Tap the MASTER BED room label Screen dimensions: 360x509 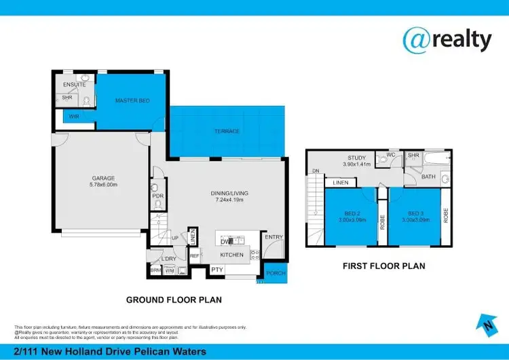pyautogui.click(x=132, y=101)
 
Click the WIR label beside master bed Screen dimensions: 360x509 pyautogui.click(x=73, y=117)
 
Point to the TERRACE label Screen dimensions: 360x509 pyautogui.click(x=227, y=131)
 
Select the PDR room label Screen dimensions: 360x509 pyautogui.click(x=157, y=196)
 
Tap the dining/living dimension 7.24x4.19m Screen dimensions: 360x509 pyautogui.click(x=230, y=200)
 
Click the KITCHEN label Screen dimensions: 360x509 pyautogui.click(x=231, y=255)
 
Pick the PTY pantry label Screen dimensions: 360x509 pyautogui.click(x=216, y=270)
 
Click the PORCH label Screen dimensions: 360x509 pyautogui.click(x=275, y=274)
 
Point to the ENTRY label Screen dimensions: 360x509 pyautogui.click(x=274, y=237)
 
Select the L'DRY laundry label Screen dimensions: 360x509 pyautogui.click(x=168, y=259)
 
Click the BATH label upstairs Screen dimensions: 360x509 pyautogui.click(x=428, y=177)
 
